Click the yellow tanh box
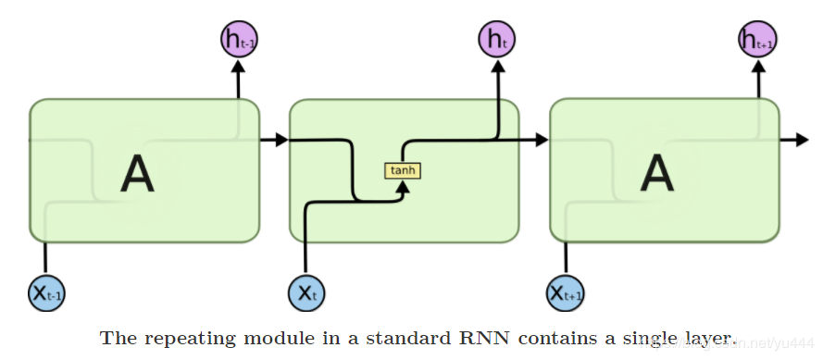pos(403,170)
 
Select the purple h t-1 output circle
pos(238,39)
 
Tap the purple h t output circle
pos(497,39)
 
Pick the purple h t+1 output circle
pos(757,39)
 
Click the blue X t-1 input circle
pos(46,294)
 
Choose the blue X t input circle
pos(306,294)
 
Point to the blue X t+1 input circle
pos(566,294)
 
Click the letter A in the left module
pos(137,173)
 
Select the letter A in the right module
pos(657,173)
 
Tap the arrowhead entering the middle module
pos(281,140)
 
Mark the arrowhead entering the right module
pos(542,140)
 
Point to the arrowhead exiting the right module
pos(802,140)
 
